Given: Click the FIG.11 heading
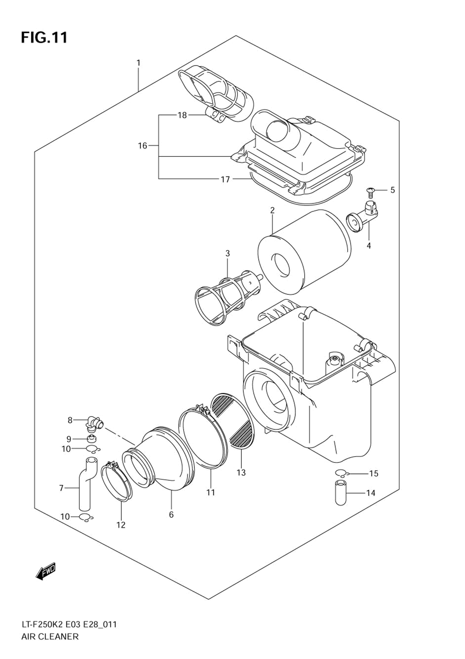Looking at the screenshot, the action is pyautogui.click(x=44, y=38).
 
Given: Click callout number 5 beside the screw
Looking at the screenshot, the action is pyautogui.click(x=392, y=190).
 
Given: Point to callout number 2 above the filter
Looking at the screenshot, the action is pyautogui.click(x=272, y=210).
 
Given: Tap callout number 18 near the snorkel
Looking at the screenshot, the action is pyautogui.click(x=182, y=115).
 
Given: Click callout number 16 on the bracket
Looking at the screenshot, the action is pyautogui.click(x=143, y=146).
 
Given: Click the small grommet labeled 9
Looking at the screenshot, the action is pyautogui.click(x=93, y=439).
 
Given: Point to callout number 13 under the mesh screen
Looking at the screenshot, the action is pyautogui.click(x=241, y=473).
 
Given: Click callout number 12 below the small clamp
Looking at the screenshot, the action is pyautogui.click(x=121, y=525).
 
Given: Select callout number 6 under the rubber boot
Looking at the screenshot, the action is pyautogui.click(x=171, y=514).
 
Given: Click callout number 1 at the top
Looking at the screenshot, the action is pyautogui.click(x=138, y=63).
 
